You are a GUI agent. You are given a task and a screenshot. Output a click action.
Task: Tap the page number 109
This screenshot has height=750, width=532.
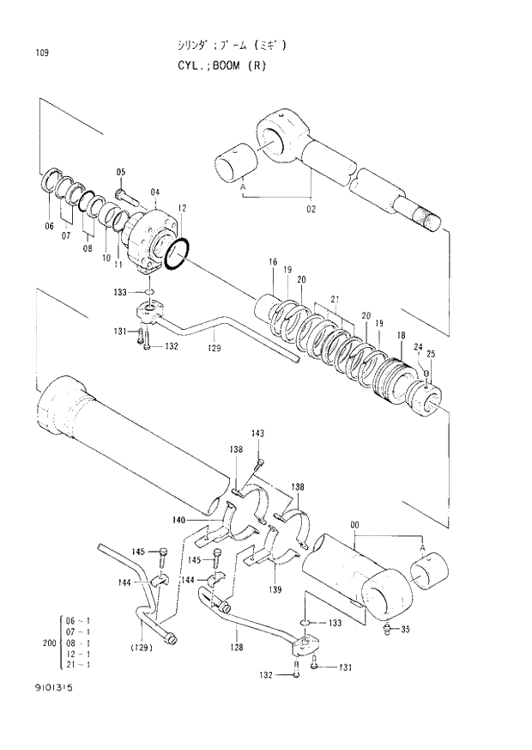coord(42,53)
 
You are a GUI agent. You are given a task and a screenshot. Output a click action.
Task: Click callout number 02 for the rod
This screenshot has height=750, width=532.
coord(310,208)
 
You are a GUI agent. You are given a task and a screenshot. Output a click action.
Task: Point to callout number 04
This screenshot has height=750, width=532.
coord(154,192)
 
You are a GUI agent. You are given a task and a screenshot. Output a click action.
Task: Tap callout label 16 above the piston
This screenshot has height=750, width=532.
coord(272,261)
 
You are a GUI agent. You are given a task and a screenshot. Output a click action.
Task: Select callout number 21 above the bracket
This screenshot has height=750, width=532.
coord(336,299)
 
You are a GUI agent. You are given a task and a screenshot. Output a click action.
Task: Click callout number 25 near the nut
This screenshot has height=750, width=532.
coord(430,353)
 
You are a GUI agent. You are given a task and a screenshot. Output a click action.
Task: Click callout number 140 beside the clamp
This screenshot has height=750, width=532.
coord(178,520)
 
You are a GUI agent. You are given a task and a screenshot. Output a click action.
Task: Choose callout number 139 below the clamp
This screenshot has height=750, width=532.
coord(275,589)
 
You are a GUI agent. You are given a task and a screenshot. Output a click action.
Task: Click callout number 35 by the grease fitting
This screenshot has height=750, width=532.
coord(405,629)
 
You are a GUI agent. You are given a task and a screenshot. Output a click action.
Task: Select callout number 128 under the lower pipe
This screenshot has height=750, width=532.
coord(238,647)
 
